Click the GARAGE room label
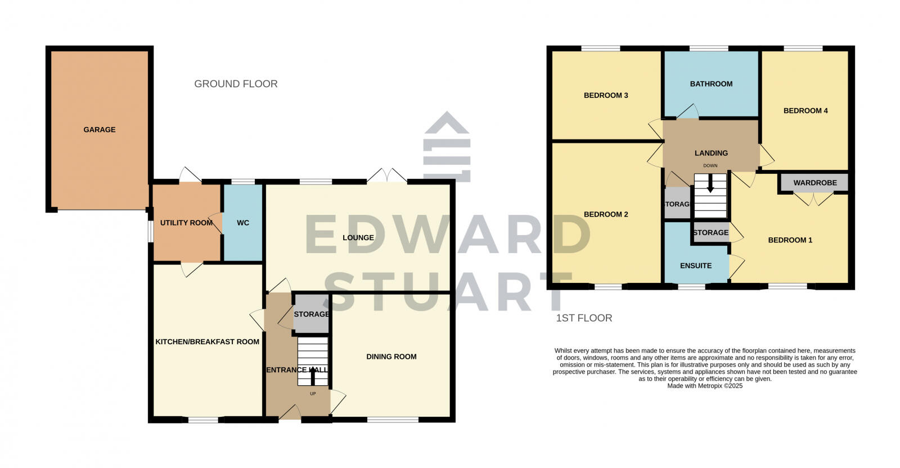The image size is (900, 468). pyautogui.click(x=100, y=129)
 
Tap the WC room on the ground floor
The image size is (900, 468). pyautogui.click(x=243, y=223)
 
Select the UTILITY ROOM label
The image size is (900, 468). pyautogui.click(x=186, y=223)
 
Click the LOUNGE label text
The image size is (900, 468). pyautogui.click(x=358, y=237)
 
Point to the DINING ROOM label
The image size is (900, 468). pyautogui.click(x=391, y=357)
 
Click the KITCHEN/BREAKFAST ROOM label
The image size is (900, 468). pyautogui.click(x=208, y=341)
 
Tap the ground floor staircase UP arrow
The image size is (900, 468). pyautogui.click(x=313, y=374)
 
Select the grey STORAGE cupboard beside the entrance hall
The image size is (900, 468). pyautogui.click(x=311, y=314)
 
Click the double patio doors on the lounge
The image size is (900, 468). pyautogui.click(x=387, y=175)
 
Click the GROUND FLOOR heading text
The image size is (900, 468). pyautogui.click(x=236, y=84)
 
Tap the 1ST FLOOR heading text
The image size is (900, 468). pyautogui.click(x=584, y=318)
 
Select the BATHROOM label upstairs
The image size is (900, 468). pyautogui.click(x=711, y=84)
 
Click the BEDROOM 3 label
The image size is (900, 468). pyautogui.click(x=606, y=95)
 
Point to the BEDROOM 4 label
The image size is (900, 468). pyautogui.click(x=805, y=111)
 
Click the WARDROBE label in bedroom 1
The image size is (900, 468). pyautogui.click(x=815, y=183)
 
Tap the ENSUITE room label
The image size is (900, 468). pyautogui.click(x=696, y=265)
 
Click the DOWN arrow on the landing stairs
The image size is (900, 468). pyautogui.click(x=710, y=184)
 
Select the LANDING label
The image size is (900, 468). pyautogui.click(x=711, y=153)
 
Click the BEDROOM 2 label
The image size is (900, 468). pyautogui.click(x=606, y=214)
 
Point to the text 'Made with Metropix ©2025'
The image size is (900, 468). pyautogui.click(x=705, y=386)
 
